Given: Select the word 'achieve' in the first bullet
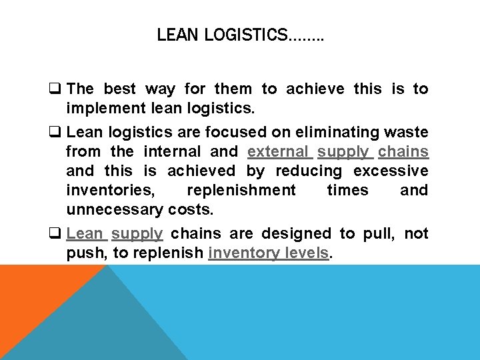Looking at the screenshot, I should (x=318, y=89).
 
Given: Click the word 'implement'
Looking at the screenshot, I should (x=100, y=108).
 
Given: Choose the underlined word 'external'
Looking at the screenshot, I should (x=278, y=152).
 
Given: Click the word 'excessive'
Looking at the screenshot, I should (x=391, y=171).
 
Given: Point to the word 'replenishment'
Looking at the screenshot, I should (x=241, y=191).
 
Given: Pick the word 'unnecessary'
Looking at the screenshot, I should (x=113, y=209).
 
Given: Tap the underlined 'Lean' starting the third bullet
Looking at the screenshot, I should (x=85, y=233).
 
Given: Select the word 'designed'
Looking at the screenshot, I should (x=299, y=233).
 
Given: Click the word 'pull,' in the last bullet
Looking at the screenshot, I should (x=379, y=233).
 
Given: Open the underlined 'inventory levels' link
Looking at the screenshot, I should (x=269, y=253).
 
